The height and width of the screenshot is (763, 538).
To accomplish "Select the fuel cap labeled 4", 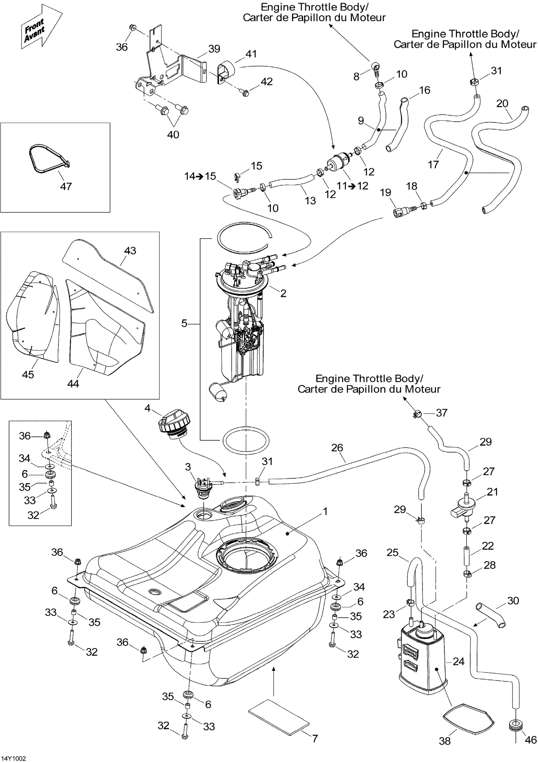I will coord(174,425).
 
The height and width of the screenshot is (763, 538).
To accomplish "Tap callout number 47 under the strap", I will coord(66,186).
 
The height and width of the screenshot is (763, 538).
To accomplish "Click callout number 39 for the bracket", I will coord(214,49).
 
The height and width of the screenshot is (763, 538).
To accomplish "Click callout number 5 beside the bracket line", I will coord(184,323).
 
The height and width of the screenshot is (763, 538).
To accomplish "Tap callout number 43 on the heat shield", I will coord(130,251).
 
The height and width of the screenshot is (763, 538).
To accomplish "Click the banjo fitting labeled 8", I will coord(376,66).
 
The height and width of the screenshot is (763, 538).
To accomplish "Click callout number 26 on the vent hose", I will coord(337,448).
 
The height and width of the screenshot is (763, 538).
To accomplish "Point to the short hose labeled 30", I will coord(491,615).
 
